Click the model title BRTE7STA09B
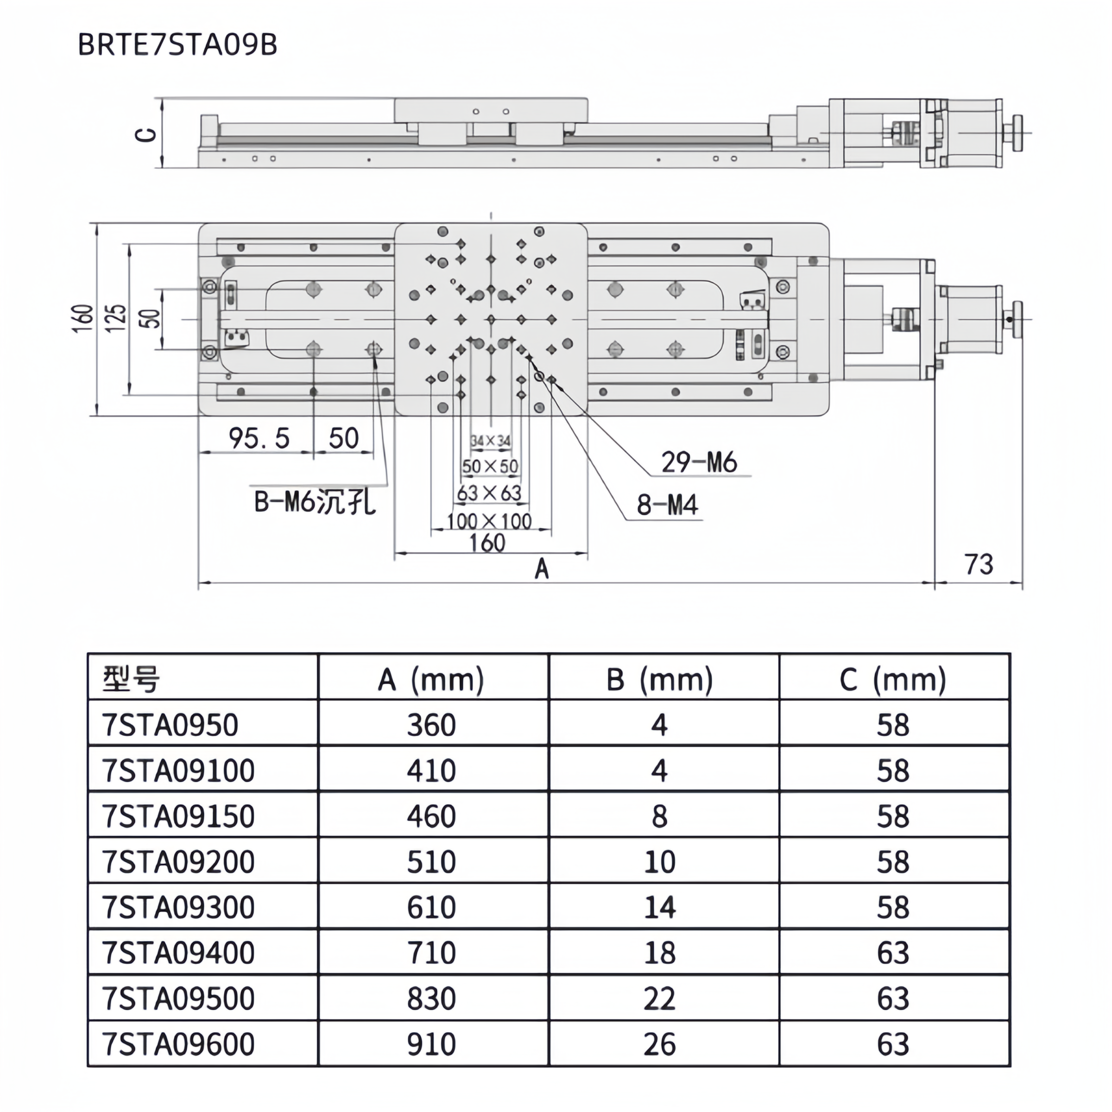tap(177, 45)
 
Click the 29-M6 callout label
tap(699, 463)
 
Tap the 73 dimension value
tap(979, 565)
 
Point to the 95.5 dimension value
tap(259, 439)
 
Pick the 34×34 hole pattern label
tap(490, 442)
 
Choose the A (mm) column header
tap(431, 680)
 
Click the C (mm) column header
tap(893, 680)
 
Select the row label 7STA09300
tap(178, 908)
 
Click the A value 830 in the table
tap(431, 998)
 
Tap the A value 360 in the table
tap(431, 725)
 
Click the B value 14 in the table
tap(660, 908)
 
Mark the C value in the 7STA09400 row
tap(893, 953)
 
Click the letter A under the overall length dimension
tap(542, 570)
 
